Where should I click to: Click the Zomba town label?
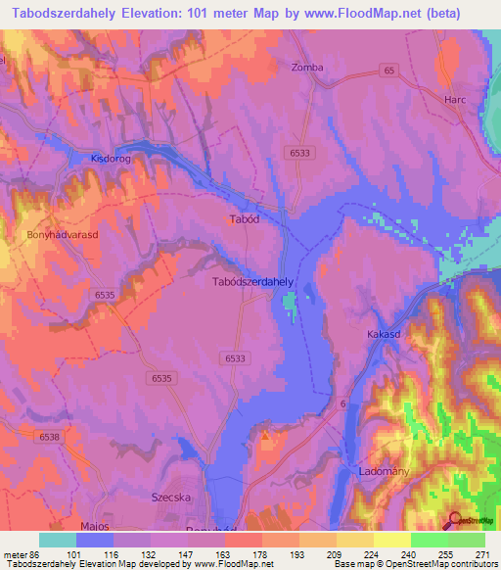[307, 68]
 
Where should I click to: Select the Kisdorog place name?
[110, 158]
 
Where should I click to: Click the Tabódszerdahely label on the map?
[253, 281]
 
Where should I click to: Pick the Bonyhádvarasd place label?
[64, 236]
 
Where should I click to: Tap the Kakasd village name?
[386, 335]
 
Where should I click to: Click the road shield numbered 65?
[388, 71]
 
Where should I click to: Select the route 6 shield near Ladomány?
[343, 404]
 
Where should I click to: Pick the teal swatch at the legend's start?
[58, 540]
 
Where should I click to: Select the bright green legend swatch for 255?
[429, 540]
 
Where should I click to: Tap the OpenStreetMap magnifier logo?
[454, 521]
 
